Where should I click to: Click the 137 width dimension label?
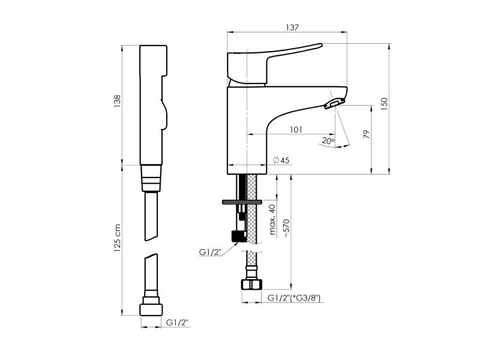292,28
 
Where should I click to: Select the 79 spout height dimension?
367,134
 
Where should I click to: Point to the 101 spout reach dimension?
296,130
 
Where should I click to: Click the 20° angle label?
328,141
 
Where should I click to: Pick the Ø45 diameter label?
281,160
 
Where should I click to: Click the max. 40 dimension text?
272,220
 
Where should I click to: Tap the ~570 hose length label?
286,229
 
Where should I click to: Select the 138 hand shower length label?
117,101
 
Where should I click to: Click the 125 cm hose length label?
117,238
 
